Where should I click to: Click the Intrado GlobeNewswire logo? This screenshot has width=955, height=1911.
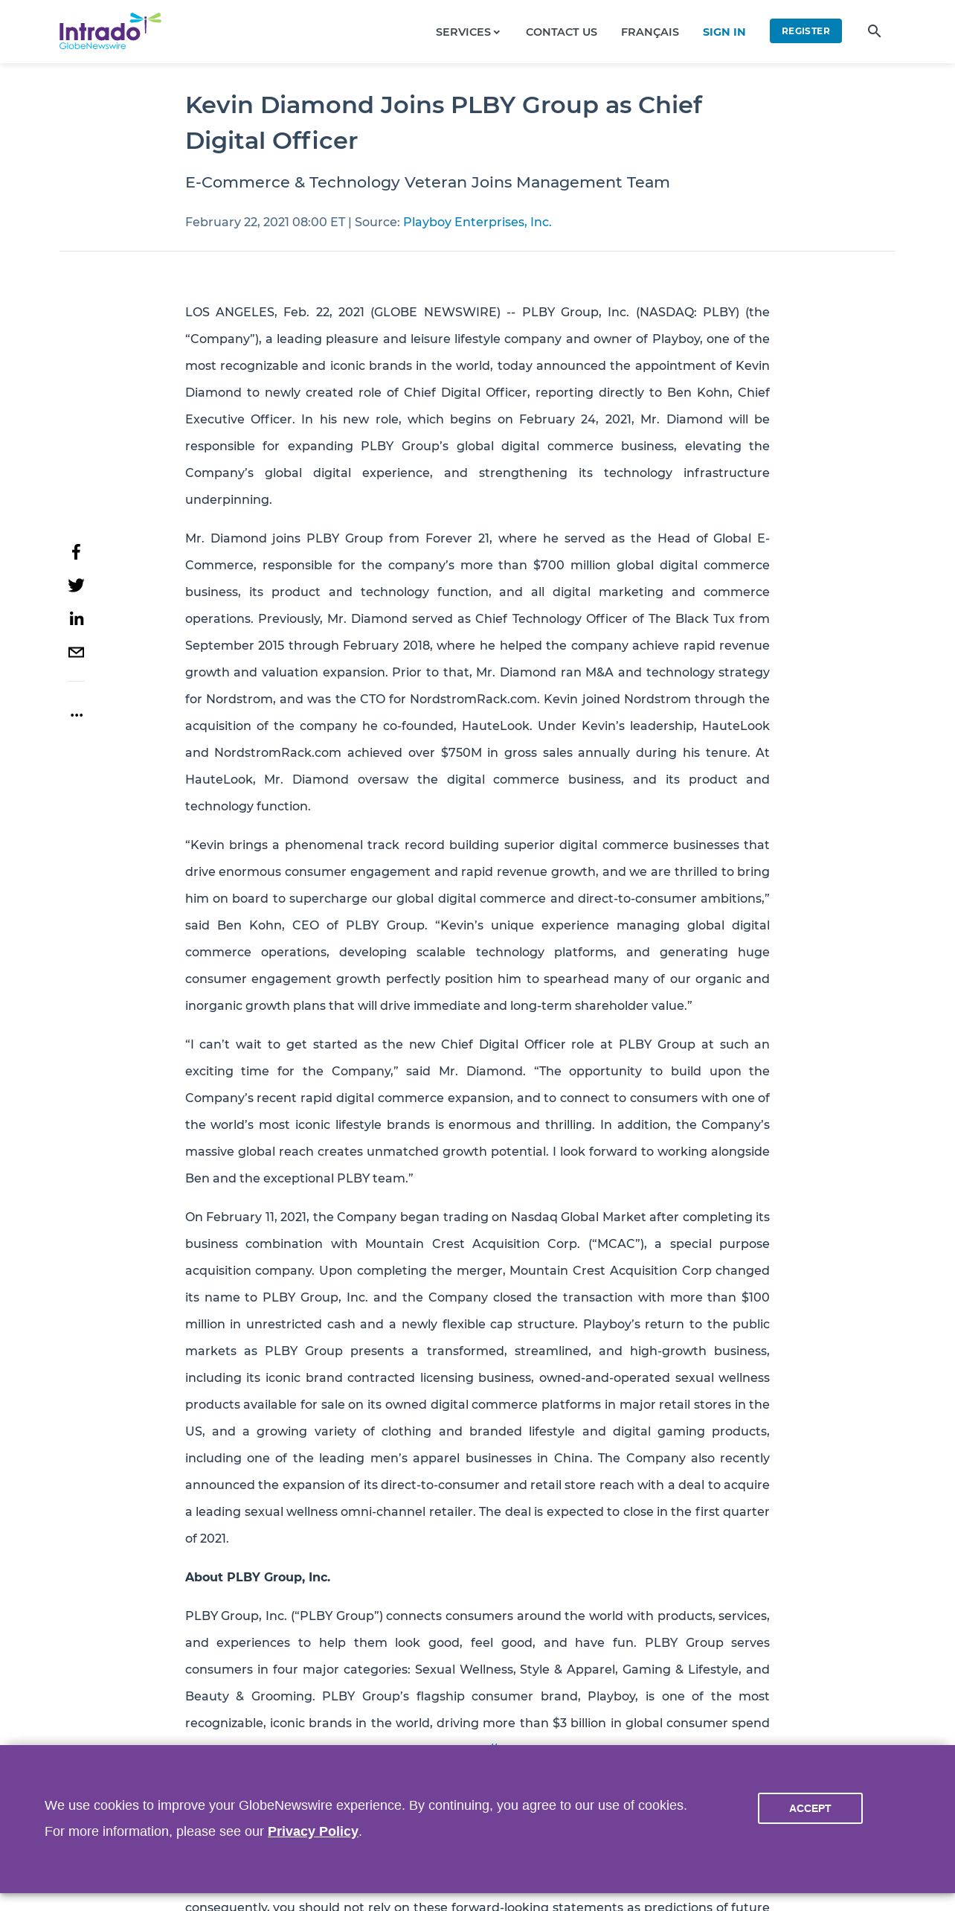(x=109, y=31)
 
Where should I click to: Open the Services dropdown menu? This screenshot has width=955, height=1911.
(x=467, y=32)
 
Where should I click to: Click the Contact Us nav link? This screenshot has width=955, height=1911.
(x=561, y=32)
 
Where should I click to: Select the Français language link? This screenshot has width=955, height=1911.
(x=649, y=32)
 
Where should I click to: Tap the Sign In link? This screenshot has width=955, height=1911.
(x=723, y=32)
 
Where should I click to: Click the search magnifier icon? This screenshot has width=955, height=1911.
(x=874, y=31)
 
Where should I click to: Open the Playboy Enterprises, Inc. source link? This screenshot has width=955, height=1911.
(x=477, y=222)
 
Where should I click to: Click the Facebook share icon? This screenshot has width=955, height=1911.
(x=76, y=551)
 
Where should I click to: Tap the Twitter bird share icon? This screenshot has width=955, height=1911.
(x=76, y=585)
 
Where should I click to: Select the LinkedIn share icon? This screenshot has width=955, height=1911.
(x=76, y=618)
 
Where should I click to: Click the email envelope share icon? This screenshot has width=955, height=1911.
(x=76, y=652)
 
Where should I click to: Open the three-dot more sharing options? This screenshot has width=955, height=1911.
(x=76, y=714)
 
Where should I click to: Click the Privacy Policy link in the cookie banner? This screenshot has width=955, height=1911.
(x=312, y=1831)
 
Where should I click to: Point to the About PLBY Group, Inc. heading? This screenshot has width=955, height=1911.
(x=257, y=1577)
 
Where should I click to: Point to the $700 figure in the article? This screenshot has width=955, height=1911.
(x=548, y=565)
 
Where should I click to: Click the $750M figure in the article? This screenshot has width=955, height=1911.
(x=461, y=752)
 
